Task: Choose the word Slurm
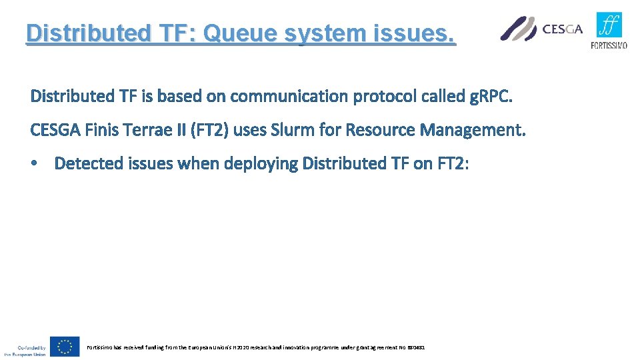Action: [x=291, y=130]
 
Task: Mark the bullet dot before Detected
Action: [x=35, y=164]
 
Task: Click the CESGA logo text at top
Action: [x=563, y=29]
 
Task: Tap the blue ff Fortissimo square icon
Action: [x=609, y=26]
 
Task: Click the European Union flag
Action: [x=65, y=347]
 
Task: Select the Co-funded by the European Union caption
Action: [x=25, y=351]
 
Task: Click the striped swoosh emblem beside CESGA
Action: [x=519, y=29]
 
